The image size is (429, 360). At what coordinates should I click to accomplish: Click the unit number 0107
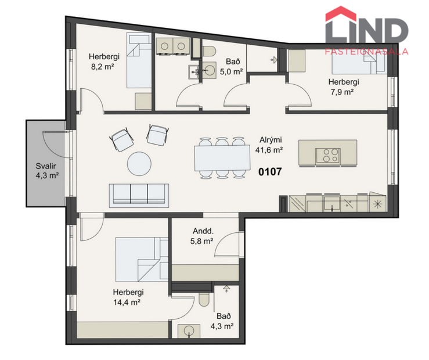tap(270, 171)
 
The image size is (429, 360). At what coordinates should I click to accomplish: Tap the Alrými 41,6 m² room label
tap(269, 145)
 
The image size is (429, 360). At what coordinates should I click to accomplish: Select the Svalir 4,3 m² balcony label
tap(45, 169)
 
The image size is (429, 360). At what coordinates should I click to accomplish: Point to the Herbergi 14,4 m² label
tap(128, 297)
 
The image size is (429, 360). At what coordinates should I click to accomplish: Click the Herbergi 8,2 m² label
tap(104, 62)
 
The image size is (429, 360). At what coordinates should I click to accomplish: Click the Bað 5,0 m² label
tap(233, 67)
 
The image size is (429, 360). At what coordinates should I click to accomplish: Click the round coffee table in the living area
tap(140, 163)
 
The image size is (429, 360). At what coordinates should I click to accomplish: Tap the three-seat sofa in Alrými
tap(139, 195)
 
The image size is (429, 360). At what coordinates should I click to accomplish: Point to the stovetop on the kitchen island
tap(328, 155)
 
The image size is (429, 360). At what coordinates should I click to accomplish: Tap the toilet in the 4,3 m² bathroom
tap(204, 299)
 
